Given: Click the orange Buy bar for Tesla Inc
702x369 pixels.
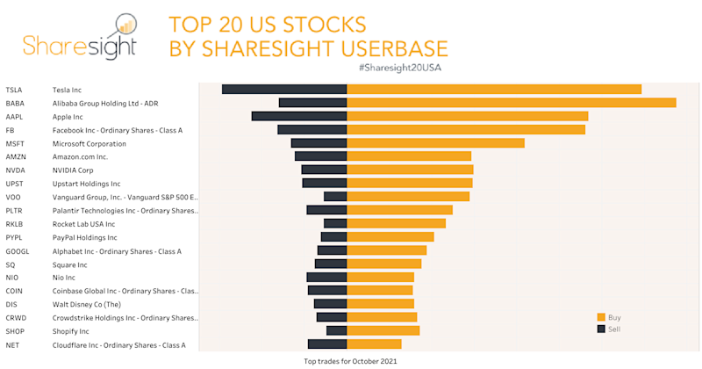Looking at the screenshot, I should (494, 89).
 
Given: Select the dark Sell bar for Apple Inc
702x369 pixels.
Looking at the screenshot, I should (299, 116).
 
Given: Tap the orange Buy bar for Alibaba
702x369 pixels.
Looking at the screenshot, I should (512, 103).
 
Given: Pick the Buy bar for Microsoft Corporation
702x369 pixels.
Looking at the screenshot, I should (436, 143).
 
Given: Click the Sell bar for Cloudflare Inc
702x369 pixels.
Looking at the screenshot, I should (327, 344).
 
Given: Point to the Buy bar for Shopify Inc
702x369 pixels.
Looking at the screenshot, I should (383, 330).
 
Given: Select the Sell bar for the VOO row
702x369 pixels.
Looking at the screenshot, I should (335, 197).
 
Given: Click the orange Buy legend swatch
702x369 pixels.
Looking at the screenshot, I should (601, 317).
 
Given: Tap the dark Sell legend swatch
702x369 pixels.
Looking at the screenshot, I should (601, 329).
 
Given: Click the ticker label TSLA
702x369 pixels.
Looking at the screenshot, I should (14, 90).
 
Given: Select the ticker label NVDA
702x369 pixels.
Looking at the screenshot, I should (15, 170).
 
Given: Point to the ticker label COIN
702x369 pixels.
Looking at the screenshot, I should (14, 291).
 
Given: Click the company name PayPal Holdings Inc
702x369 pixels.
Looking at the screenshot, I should (84, 237).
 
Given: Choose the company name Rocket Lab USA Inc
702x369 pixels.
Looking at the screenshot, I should (83, 224).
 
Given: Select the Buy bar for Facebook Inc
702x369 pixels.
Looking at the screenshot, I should (466, 130).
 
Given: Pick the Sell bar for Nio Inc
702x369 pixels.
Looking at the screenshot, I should (327, 277).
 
